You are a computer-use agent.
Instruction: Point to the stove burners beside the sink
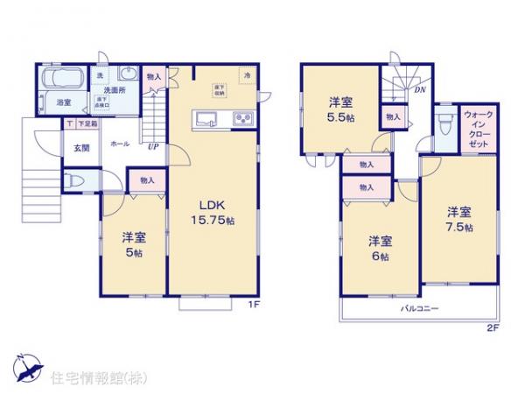tap(241, 119)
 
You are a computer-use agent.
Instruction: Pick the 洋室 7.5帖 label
tap(458, 219)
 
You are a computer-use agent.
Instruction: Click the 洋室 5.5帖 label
tap(340, 109)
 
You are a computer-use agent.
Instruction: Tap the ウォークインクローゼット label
tap(477, 131)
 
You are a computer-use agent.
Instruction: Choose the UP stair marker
tap(153, 146)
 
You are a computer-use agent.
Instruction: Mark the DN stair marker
tap(420, 89)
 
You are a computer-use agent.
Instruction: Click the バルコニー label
tap(420, 309)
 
